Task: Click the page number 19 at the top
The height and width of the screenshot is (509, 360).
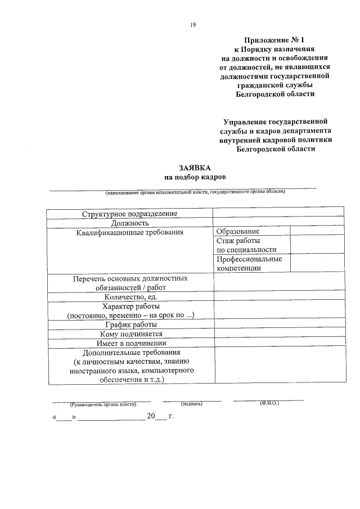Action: pyautogui.click(x=192, y=24)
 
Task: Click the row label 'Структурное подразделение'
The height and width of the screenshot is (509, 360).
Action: pyautogui.click(x=129, y=214)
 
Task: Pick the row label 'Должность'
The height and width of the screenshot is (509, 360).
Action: pyautogui.click(x=129, y=223)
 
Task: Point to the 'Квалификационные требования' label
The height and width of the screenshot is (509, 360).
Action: pyautogui.click(x=130, y=232)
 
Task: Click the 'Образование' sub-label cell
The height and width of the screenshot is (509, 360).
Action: pyautogui.click(x=238, y=232)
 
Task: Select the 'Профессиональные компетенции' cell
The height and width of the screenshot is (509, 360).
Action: pyautogui.click(x=249, y=263)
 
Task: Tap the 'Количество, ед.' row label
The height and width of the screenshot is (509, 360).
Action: pyautogui.click(x=130, y=296)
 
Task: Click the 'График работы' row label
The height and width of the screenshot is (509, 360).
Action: pyautogui.click(x=130, y=325)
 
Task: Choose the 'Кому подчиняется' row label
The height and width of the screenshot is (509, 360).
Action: pyautogui.click(x=130, y=334)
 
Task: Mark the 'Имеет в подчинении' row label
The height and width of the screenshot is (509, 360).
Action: pyautogui.click(x=130, y=343)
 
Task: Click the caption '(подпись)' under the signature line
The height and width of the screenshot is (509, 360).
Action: pyautogui.click(x=192, y=404)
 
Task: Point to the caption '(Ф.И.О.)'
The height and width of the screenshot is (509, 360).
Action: pyautogui.click(x=269, y=404)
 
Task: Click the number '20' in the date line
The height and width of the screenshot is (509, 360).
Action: pyautogui.click(x=151, y=417)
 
